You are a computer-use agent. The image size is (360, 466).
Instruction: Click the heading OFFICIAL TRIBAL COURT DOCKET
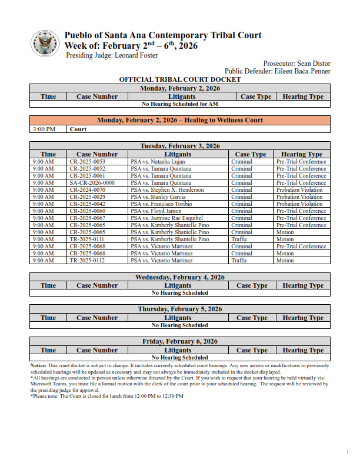[180, 79]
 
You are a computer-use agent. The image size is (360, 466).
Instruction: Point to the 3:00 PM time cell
[44, 129]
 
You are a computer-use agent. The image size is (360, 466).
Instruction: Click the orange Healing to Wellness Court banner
[180, 120]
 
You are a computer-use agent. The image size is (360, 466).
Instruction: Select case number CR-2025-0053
[87, 162]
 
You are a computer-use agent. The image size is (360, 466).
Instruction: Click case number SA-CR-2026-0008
[92, 183]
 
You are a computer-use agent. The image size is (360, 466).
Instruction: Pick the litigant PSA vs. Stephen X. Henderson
[168, 190]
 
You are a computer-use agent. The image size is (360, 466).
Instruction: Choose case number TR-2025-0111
[87, 239]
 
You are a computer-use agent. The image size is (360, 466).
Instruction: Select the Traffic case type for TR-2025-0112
[239, 261]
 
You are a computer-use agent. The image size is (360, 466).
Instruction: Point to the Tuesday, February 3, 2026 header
[180, 146]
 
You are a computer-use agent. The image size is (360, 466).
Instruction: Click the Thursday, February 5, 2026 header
[180, 309]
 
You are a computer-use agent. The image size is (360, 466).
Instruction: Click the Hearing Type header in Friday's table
[303, 350]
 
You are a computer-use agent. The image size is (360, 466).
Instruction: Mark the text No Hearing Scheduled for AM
[180, 104]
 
